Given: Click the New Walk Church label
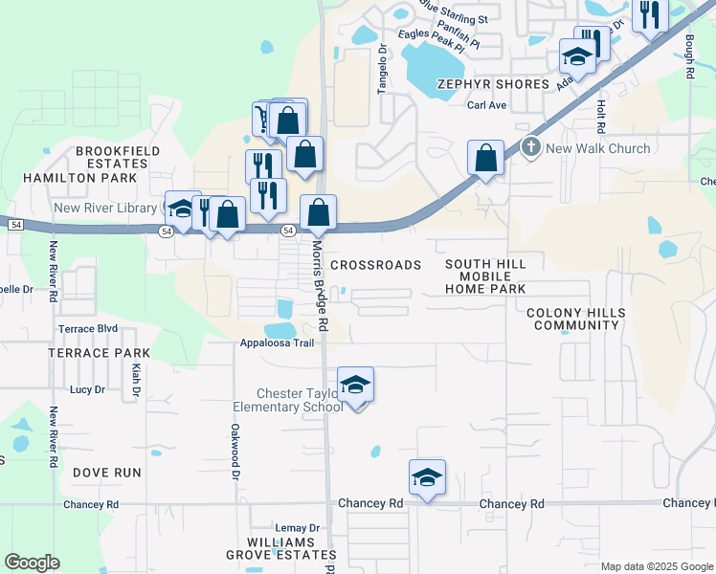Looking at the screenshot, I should tap(597, 148).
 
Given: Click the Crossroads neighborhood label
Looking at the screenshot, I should tap(375, 265).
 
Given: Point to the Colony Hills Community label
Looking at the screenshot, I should tap(576, 320).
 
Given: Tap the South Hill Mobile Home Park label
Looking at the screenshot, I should tap(485, 276).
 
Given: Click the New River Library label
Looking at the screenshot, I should tap(105, 208).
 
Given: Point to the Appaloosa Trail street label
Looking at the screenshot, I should tap(277, 343).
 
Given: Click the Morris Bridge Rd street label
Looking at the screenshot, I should tap(320, 286).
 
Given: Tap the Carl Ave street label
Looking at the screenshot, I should tap(486, 105).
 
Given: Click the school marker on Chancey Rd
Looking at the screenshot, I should tap(427, 477).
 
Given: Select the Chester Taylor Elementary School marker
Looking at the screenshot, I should tap(356, 386).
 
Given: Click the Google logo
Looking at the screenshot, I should tap(32, 563).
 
